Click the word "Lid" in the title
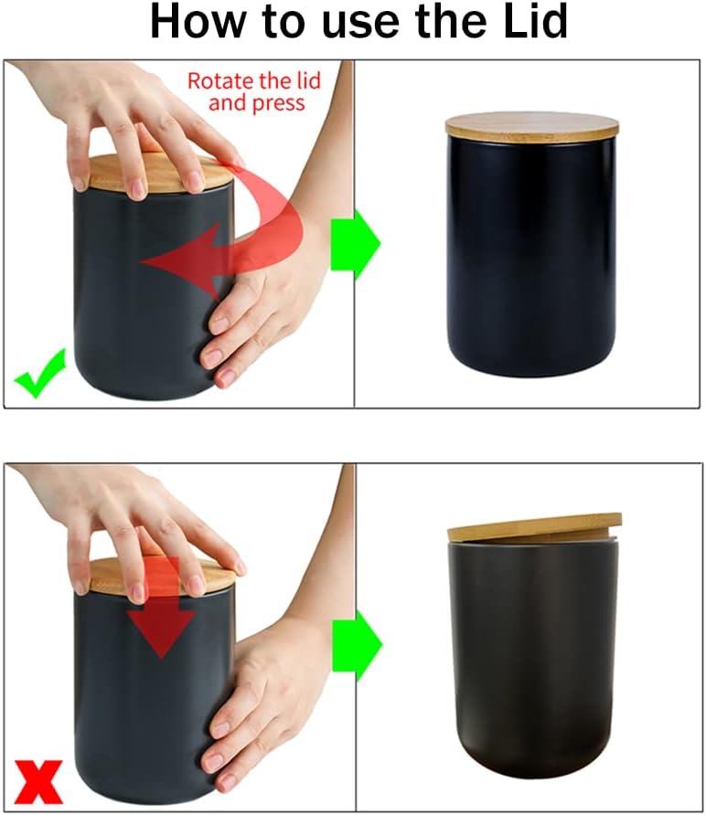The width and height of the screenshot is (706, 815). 529,22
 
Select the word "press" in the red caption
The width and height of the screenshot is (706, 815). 279,102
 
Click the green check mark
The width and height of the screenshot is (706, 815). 40,373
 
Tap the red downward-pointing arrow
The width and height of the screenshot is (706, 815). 161,612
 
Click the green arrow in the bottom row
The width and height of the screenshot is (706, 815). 356,644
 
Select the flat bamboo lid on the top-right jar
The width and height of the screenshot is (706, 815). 531,125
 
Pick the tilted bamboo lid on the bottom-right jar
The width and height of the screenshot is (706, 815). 534,528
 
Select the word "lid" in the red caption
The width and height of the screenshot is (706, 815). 305,80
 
